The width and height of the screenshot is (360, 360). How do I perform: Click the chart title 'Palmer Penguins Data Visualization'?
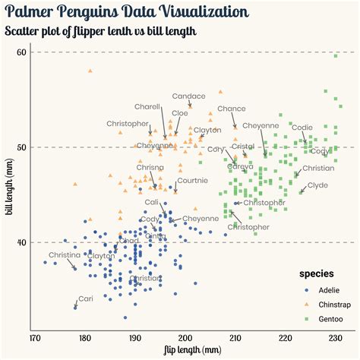(x=125, y=12)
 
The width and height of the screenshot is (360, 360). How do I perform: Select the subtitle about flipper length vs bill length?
(x=100, y=31)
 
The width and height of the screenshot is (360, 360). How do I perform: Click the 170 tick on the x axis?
(x=34, y=337)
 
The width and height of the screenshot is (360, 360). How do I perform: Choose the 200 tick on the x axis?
(x=185, y=337)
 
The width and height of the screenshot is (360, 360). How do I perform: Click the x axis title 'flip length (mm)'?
(x=192, y=350)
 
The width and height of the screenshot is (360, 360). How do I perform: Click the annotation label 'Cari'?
(x=86, y=298)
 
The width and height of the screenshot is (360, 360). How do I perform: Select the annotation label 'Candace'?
(x=188, y=96)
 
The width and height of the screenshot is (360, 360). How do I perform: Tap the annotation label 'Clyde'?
(x=317, y=185)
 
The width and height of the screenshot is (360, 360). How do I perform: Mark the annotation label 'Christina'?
(x=64, y=255)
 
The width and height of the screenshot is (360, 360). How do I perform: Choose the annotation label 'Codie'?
(x=302, y=127)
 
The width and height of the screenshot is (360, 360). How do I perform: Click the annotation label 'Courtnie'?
(x=192, y=180)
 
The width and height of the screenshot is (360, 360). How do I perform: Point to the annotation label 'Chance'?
(x=232, y=109)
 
